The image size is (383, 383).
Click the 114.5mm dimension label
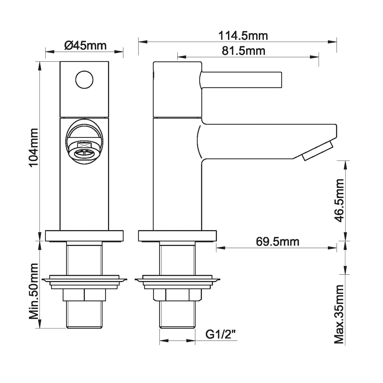[243, 36]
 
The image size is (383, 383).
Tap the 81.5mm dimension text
[244, 51]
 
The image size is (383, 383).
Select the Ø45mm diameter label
[85, 46]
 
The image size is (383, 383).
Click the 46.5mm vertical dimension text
[339, 201]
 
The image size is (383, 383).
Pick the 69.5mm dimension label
[278, 242]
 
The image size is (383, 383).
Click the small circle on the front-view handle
[84, 80]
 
